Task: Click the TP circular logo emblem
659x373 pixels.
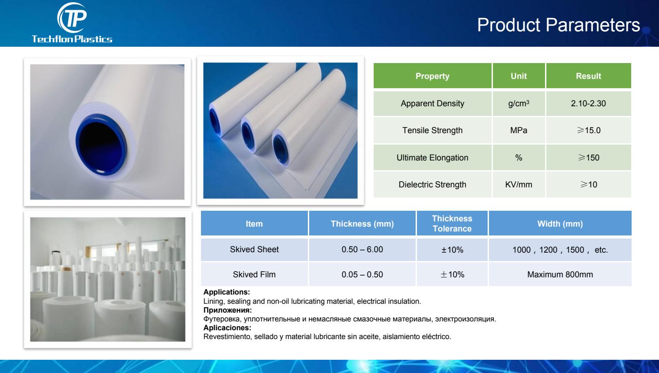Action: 72,18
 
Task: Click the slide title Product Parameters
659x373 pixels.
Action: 558,25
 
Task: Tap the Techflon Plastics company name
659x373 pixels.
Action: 72,39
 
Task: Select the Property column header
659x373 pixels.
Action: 432,76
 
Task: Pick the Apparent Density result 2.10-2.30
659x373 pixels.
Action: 588,103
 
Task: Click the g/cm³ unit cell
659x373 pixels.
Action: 519,103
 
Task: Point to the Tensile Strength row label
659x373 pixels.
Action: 432,130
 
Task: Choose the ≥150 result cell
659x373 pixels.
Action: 588,157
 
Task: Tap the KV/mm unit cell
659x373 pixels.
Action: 519,184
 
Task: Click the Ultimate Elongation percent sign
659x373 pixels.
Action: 519,158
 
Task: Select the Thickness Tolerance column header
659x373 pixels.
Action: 452,224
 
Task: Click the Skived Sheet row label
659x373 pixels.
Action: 254,250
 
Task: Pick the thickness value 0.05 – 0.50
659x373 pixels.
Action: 362,274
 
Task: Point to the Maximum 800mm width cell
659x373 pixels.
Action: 560,274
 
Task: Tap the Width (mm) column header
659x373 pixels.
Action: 560,224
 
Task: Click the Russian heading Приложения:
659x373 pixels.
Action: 227,310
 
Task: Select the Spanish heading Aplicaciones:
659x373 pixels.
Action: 227,328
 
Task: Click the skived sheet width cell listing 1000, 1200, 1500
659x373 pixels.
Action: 560,250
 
